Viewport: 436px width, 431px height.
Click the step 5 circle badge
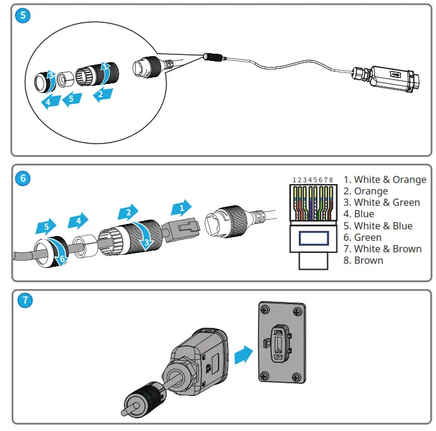tap(23, 16)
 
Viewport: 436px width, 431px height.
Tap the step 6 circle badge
tap(23, 178)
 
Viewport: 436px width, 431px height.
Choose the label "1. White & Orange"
tap(385, 179)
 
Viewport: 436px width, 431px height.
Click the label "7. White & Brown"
tap(383, 249)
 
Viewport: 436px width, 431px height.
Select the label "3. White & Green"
tap(382, 202)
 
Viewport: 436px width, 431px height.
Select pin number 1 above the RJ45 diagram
tap(293, 180)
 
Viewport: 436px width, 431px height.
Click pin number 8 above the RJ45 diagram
tap(332, 180)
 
